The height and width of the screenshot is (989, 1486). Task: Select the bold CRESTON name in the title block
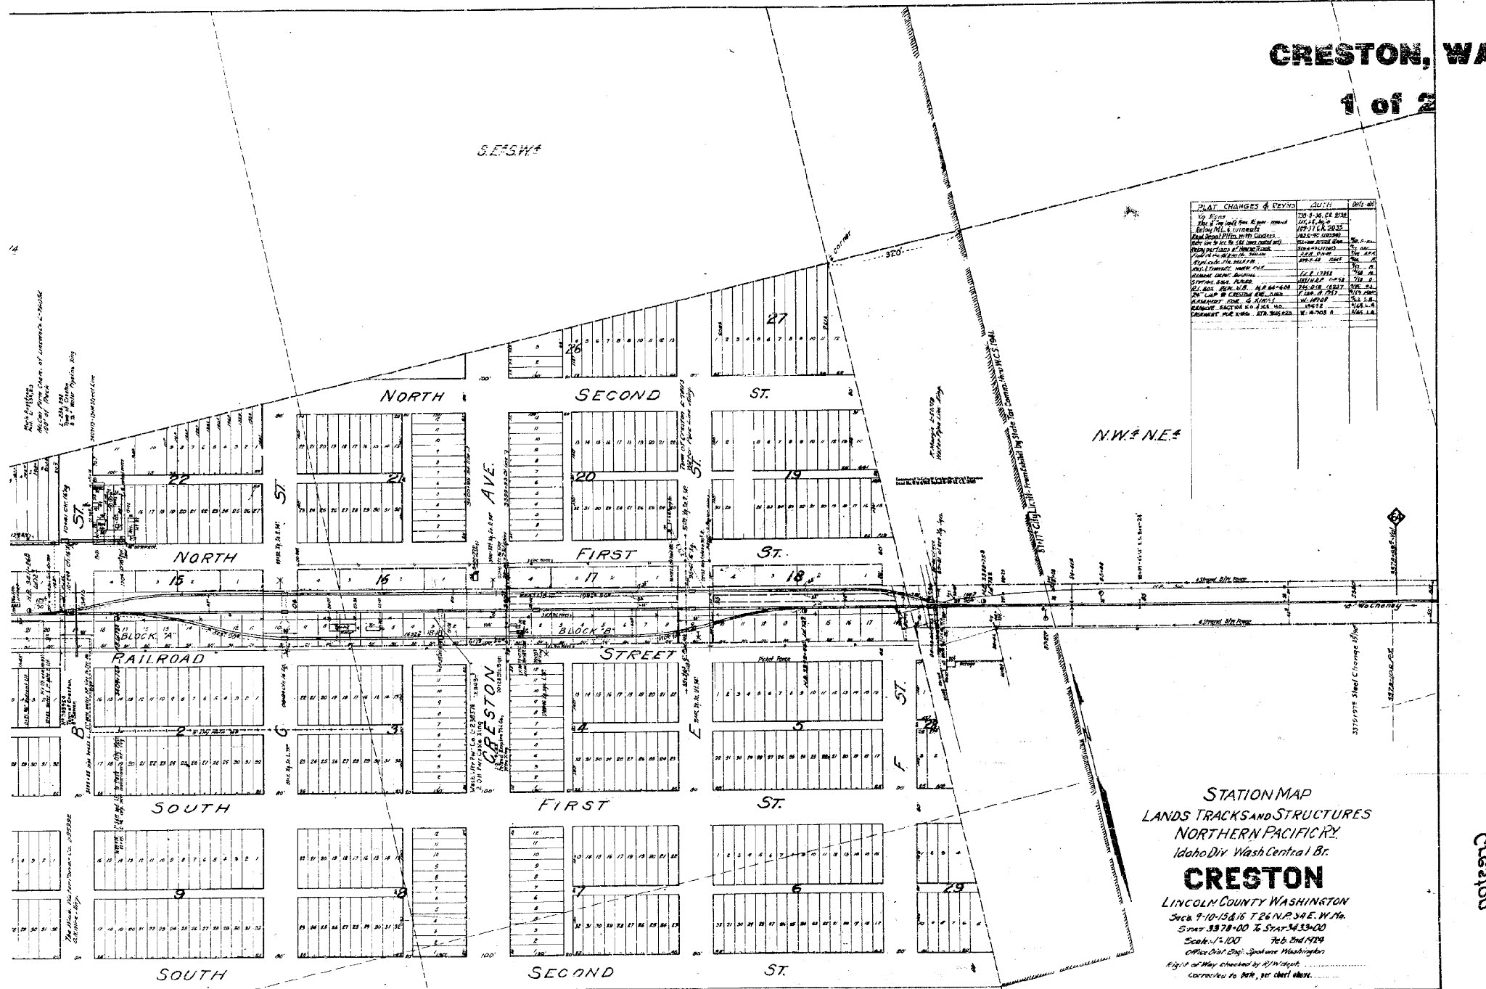click(x=1254, y=878)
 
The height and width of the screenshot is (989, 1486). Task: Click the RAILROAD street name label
click(x=159, y=659)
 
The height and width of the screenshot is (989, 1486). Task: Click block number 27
click(x=777, y=319)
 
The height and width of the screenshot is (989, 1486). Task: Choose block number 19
click(x=792, y=475)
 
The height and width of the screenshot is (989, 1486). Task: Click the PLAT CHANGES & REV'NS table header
click(x=1242, y=207)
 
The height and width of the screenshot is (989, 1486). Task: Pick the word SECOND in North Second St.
click(x=617, y=395)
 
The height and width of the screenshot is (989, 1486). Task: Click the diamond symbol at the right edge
click(x=1394, y=538)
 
